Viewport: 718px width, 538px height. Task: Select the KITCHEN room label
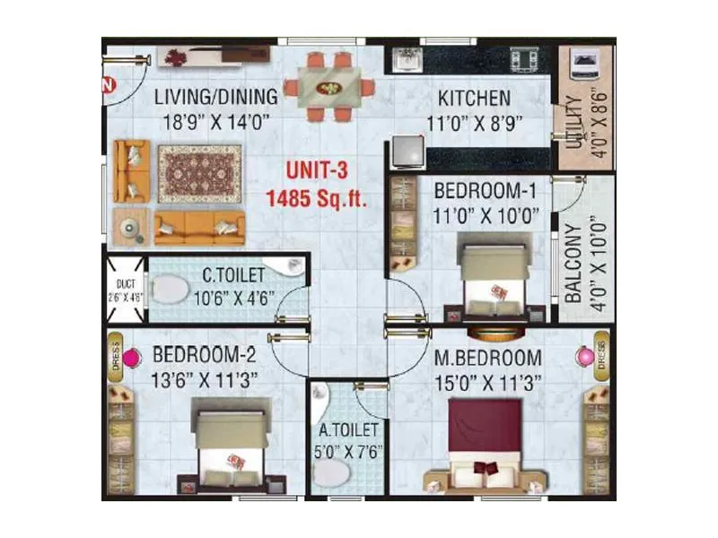[474, 98]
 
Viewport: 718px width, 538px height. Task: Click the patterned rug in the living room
[200, 173]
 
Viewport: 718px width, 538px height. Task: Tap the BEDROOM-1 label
[486, 190]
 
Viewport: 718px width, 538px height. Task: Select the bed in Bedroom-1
[493, 274]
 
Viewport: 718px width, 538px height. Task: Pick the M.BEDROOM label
[487, 358]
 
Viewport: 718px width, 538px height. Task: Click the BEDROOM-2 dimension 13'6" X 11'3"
[205, 378]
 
